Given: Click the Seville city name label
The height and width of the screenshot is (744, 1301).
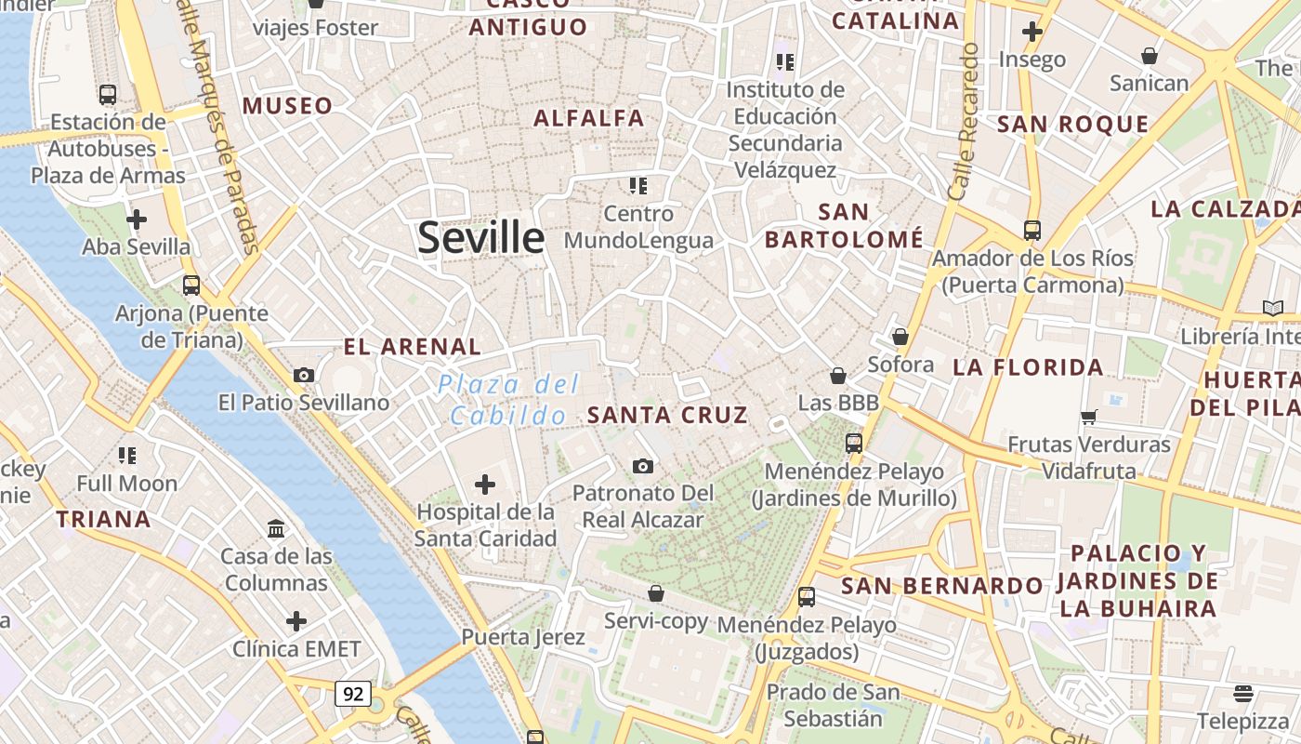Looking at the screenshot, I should (x=480, y=238).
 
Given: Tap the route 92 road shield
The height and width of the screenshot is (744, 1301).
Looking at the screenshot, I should (x=353, y=694).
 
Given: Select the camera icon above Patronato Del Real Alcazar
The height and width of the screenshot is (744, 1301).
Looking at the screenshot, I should (x=642, y=466).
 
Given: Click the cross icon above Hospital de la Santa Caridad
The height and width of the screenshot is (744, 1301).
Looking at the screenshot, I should (x=485, y=485).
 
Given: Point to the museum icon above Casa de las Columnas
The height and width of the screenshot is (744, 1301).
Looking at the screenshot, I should (x=276, y=529).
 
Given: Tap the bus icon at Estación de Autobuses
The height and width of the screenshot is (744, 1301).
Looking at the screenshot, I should (x=108, y=94).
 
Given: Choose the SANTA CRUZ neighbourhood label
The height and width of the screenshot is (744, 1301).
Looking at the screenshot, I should (x=667, y=415).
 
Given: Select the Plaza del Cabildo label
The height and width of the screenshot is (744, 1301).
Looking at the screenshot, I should (x=509, y=400).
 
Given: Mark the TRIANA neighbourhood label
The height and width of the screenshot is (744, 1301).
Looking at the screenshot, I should (x=103, y=519).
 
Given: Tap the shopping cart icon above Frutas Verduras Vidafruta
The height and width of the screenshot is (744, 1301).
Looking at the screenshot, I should (x=1089, y=417).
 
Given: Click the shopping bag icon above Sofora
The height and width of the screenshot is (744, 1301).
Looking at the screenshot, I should (x=900, y=337).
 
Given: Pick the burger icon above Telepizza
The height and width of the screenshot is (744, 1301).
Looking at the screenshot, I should (x=1243, y=693).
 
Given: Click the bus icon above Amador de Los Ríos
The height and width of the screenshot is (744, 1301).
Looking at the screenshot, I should (x=1032, y=230).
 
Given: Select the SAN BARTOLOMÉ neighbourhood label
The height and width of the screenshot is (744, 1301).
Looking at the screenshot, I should (x=844, y=226).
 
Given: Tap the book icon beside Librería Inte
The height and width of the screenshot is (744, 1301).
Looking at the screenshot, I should (x=1272, y=308).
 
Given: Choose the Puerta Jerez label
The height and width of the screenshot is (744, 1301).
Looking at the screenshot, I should (x=523, y=637).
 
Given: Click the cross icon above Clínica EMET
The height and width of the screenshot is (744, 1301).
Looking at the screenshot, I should (x=296, y=620).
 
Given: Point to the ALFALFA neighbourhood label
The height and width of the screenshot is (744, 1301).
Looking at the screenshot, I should (x=588, y=118).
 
